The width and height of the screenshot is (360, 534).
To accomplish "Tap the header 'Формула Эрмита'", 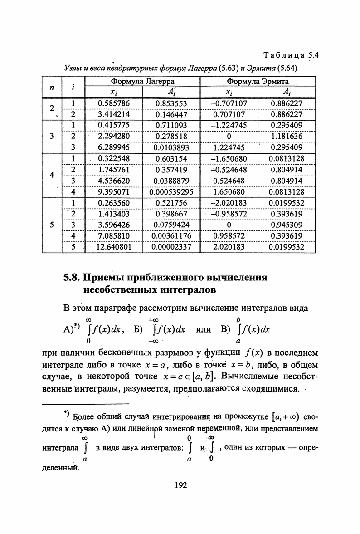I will click(x=258, y=82).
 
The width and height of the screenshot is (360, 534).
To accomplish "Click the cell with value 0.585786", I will click(x=114, y=103).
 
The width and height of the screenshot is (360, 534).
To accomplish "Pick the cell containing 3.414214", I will click(x=114, y=114).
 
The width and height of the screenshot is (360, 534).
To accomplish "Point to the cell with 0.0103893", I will click(x=171, y=147).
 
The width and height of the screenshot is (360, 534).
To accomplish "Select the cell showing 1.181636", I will click(x=287, y=136).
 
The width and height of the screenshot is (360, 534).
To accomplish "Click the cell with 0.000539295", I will click(x=171, y=191).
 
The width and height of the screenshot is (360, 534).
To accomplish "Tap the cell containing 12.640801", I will click(x=114, y=247).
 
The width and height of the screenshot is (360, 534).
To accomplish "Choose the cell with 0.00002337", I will click(x=171, y=247).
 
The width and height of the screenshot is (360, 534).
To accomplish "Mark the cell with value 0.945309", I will click(x=287, y=225).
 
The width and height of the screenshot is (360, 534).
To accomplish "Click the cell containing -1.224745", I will click(x=229, y=125).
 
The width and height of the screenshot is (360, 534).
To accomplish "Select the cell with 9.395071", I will click(x=114, y=191).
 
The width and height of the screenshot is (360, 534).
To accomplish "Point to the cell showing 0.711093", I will click(x=171, y=125).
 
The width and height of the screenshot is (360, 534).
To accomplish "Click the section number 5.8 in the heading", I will click(x=73, y=277).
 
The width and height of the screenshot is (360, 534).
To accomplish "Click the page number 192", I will click(x=180, y=485).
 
